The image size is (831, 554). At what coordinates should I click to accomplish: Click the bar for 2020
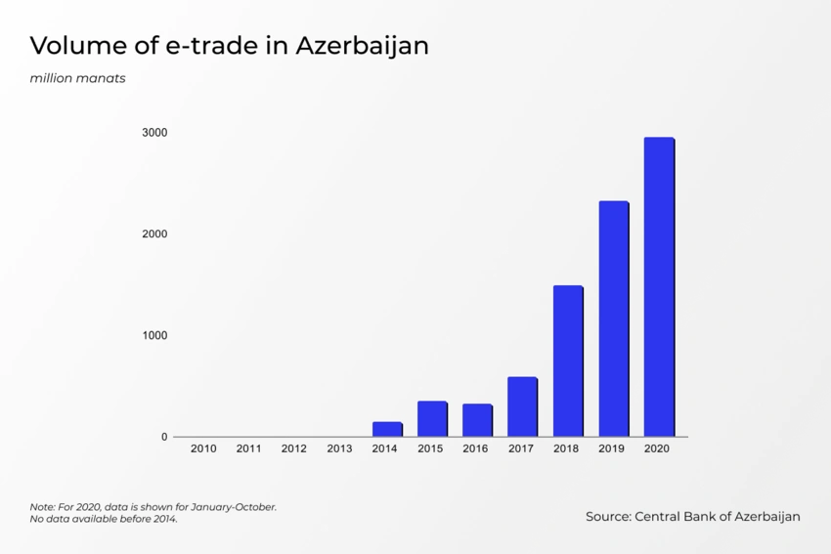(x=659, y=287)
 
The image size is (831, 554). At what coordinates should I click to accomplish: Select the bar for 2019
(x=614, y=319)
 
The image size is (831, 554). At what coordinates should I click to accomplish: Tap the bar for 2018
(x=568, y=361)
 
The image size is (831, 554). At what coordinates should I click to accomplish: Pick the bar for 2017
(x=522, y=406)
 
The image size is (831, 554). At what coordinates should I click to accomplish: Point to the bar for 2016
(x=477, y=420)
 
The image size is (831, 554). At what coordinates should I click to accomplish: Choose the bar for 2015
(x=432, y=418)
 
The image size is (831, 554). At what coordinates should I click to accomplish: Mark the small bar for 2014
(x=387, y=429)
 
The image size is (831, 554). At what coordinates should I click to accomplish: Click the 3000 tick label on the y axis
(x=155, y=133)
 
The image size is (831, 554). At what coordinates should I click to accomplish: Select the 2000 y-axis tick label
(x=155, y=234)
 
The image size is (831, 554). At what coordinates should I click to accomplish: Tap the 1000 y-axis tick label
(x=155, y=336)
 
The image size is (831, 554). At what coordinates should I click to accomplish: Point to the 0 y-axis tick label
(x=164, y=438)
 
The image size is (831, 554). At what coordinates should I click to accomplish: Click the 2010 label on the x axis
(x=203, y=449)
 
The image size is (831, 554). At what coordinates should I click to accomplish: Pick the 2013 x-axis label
(x=339, y=449)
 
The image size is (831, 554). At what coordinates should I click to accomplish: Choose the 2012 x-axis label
(x=294, y=449)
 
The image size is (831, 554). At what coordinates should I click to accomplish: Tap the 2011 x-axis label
(x=248, y=449)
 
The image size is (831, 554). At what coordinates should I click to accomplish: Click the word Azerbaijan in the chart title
(x=362, y=46)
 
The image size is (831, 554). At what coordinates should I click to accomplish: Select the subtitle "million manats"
(x=77, y=78)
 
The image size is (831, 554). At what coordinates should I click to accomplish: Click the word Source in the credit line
(x=607, y=517)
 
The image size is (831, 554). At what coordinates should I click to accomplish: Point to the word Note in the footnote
(x=42, y=507)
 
